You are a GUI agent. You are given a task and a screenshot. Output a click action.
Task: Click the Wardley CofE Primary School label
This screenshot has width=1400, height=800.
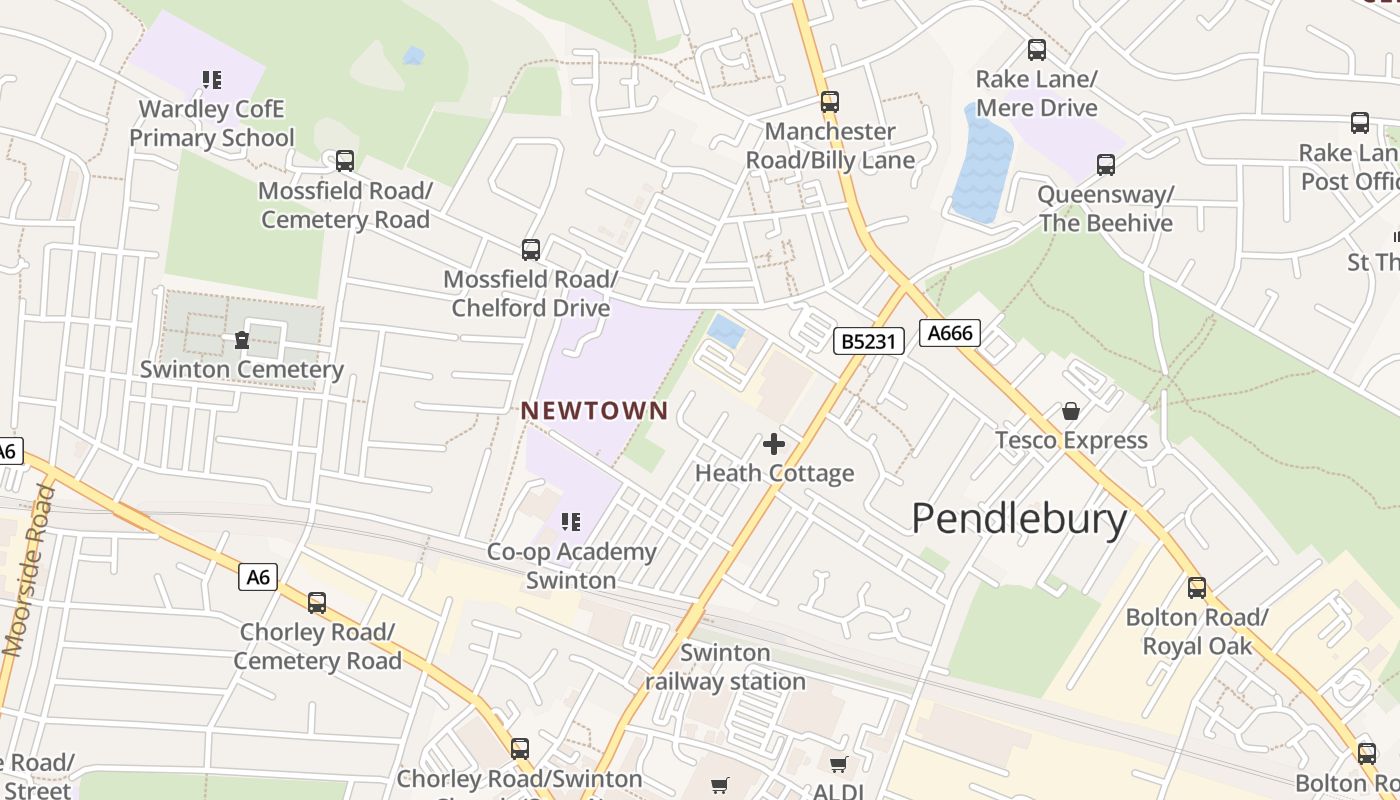point(212,123)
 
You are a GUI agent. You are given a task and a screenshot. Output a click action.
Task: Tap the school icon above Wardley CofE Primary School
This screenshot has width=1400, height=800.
point(211,79)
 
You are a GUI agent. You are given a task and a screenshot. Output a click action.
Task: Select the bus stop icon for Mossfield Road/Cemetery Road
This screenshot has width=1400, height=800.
point(345,160)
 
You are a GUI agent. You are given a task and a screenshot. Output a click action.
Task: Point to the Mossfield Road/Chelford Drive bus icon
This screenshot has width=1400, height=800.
point(531,249)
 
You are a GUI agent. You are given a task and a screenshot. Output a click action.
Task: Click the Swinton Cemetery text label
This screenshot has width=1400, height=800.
point(241,369)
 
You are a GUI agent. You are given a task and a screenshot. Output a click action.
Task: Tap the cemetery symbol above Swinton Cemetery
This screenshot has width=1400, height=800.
point(241,340)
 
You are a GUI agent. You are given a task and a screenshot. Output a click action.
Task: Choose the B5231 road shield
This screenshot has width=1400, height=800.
point(869,341)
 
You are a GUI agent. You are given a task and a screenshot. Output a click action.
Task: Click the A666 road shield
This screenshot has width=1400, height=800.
point(950,333)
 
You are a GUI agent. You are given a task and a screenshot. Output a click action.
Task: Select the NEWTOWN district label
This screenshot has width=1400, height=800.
point(594,410)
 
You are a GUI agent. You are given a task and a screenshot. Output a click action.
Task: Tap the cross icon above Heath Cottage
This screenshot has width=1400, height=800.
point(774,444)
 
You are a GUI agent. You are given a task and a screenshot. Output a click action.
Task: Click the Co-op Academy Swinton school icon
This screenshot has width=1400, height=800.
point(571,521)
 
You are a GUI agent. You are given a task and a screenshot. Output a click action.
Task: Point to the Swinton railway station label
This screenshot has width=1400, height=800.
point(725,667)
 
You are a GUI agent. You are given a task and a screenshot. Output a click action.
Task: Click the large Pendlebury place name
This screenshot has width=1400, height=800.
point(1019,518)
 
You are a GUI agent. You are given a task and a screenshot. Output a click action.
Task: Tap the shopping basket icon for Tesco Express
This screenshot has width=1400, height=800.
point(1071,411)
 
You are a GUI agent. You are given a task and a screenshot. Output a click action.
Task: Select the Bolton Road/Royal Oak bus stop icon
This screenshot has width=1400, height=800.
point(1197,588)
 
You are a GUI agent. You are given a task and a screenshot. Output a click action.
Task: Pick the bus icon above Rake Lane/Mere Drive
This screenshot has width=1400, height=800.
point(1037,49)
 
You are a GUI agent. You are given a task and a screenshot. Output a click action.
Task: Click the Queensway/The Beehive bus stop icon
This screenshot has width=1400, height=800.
point(1105,165)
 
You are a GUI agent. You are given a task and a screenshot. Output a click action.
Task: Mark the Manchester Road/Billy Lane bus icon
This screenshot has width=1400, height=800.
point(830,101)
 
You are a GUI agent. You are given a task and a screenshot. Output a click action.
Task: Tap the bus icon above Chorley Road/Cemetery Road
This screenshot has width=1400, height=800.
point(317,602)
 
